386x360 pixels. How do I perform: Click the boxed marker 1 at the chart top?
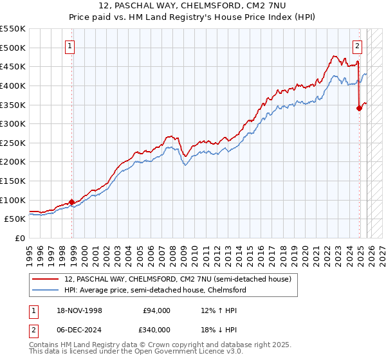point(69,46)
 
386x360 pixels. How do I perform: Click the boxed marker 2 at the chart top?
point(357,46)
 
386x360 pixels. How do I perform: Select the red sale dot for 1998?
point(71,202)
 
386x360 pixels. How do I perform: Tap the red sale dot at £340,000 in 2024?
point(360,108)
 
